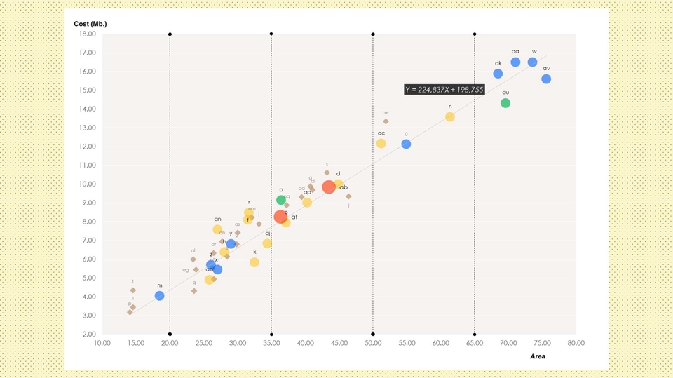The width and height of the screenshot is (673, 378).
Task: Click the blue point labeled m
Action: click(159, 296)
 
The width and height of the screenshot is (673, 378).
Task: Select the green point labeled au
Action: click(505, 103)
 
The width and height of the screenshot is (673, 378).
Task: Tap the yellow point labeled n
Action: click(450, 117)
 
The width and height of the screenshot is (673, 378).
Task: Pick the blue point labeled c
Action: click(406, 144)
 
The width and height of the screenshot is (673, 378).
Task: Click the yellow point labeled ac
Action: click(381, 144)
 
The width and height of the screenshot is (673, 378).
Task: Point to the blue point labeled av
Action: click(546, 79)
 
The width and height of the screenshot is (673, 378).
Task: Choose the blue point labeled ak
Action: click(498, 74)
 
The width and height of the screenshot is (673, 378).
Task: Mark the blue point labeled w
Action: click(532, 62)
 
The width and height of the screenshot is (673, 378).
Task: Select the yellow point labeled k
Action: click(254, 262)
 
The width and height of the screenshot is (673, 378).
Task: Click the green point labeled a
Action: click(281, 200)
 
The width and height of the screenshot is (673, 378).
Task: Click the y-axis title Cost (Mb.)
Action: click(90, 25)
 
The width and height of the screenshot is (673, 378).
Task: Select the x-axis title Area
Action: click(538, 356)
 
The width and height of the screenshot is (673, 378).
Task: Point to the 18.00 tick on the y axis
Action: click(87, 34)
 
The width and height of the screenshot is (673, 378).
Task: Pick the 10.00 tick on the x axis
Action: click(102, 343)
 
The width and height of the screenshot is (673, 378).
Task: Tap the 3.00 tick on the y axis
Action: click(89, 316)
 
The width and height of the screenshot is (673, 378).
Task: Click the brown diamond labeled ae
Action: click(386, 121)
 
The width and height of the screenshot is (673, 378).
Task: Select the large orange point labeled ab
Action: click(329, 187)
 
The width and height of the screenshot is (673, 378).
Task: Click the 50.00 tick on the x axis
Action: click(372, 343)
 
